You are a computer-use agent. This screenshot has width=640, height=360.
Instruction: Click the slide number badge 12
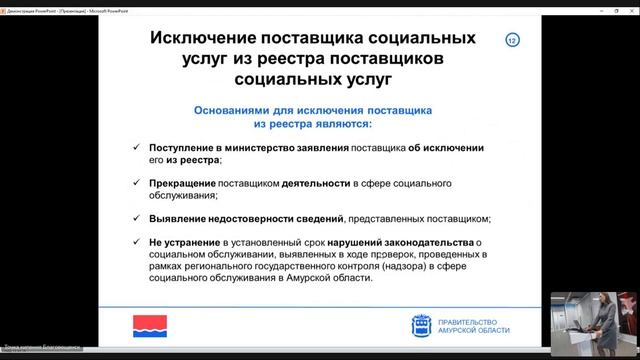pyautogui.click(x=513, y=40)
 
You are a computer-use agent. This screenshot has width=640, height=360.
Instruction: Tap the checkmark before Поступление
pyautogui.click(x=138, y=147)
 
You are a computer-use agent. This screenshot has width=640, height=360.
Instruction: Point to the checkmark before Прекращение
pyautogui.click(x=138, y=184)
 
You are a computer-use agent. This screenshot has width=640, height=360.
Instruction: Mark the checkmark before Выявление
pyautogui.click(x=138, y=218)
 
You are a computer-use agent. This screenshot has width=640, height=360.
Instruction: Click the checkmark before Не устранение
pyautogui.click(x=138, y=241)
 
